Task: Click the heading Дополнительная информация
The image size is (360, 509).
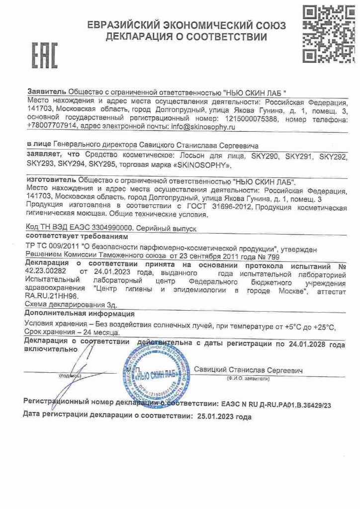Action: (79, 314)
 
